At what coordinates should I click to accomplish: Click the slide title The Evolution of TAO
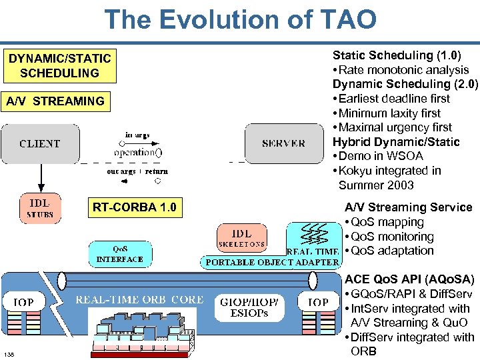point(240,19)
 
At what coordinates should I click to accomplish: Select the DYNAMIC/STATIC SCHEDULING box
point(59,66)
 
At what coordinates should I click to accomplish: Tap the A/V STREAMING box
point(55,101)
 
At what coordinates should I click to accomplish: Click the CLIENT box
point(40,143)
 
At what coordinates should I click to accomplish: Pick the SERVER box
point(283,143)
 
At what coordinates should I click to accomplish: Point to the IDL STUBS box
point(40,207)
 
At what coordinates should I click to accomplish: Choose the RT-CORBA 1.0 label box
point(135,207)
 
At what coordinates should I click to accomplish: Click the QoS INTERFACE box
point(120,254)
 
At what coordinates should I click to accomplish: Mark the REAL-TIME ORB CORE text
point(139,300)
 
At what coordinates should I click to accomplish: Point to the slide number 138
point(9,353)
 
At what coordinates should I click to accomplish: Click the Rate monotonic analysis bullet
point(400,69)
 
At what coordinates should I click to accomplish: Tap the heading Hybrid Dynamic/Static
point(396,142)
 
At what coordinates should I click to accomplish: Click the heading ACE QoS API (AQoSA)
point(409,279)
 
